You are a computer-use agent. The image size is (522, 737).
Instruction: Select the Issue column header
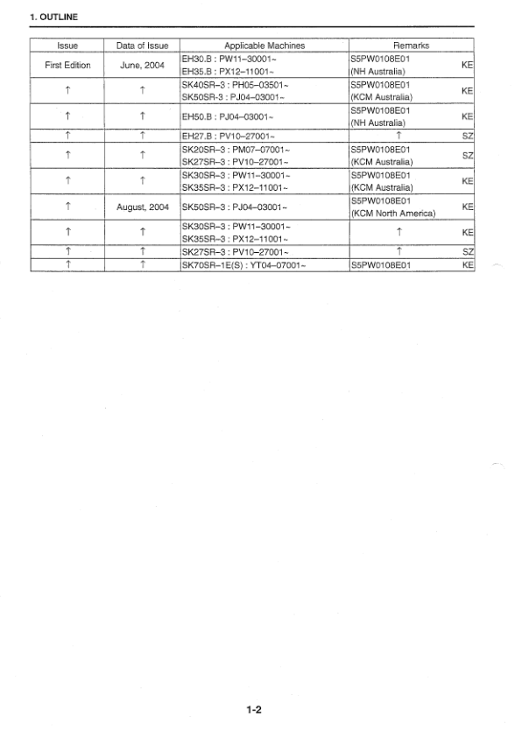67,45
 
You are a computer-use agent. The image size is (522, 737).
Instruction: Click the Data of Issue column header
142,45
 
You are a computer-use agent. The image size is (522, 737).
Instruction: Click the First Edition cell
67,65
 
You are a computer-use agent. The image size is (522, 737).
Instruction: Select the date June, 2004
142,65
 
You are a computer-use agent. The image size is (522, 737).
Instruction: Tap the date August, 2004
142,207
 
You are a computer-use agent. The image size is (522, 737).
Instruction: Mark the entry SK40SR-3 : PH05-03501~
235,84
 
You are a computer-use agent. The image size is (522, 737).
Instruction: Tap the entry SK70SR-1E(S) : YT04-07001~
243,263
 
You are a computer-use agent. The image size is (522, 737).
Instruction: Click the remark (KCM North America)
392,214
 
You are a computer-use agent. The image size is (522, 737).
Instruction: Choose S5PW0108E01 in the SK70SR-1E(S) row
380,263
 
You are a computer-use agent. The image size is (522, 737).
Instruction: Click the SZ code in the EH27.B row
468,136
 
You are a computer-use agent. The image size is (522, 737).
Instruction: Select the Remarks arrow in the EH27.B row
399,136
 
